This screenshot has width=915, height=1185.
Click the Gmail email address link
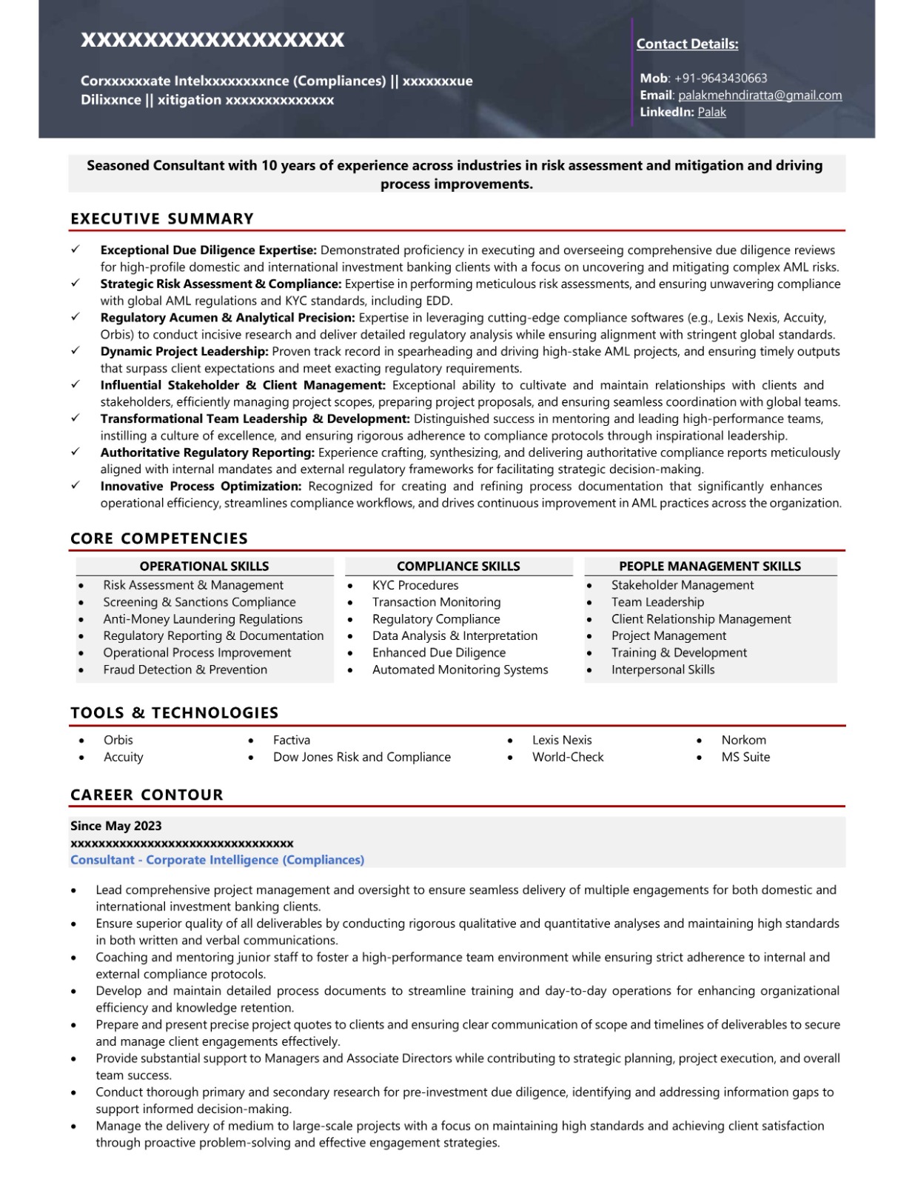click(x=760, y=95)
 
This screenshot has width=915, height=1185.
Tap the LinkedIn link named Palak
click(x=711, y=112)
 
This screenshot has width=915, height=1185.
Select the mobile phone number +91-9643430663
click(x=720, y=78)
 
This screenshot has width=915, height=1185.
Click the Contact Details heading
click(x=687, y=44)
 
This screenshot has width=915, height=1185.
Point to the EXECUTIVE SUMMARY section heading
click(x=162, y=218)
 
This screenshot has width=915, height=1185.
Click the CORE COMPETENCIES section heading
click(x=159, y=538)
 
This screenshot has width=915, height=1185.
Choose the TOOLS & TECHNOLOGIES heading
click(x=175, y=712)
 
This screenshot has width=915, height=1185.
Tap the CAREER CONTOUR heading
click(x=147, y=795)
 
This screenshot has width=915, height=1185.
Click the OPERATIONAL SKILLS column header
click(x=204, y=566)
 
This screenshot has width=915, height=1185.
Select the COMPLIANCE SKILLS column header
click(x=458, y=566)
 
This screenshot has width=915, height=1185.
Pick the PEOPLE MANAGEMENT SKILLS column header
click(x=710, y=566)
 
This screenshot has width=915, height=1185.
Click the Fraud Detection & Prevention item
click(x=185, y=670)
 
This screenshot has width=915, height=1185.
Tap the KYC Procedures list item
click(x=415, y=585)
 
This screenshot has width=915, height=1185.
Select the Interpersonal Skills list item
click(x=663, y=670)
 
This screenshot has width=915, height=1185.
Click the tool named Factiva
click(x=292, y=740)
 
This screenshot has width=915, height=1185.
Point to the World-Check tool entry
click(x=568, y=757)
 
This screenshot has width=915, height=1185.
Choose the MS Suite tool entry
click(x=745, y=757)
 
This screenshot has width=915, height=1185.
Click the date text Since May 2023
click(x=116, y=826)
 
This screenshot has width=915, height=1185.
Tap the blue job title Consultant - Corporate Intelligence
click(x=217, y=860)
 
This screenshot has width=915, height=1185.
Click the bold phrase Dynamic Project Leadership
click(x=184, y=352)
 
